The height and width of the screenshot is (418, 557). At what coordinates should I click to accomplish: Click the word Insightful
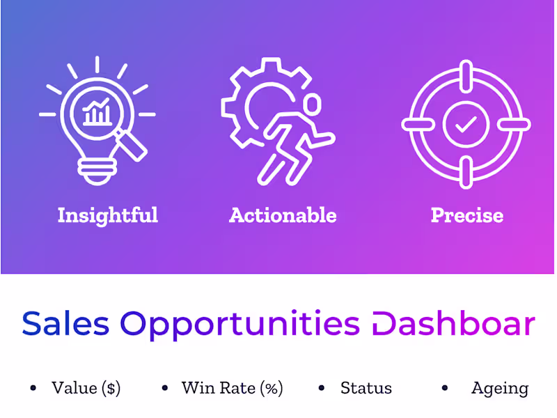pos(108,215)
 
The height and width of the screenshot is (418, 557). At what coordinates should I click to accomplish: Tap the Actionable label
pos(283,215)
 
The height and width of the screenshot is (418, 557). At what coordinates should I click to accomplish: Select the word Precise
pos(466,215)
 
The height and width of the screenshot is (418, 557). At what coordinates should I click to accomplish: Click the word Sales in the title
pos(65,323)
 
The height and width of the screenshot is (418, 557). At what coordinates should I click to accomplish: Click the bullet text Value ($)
pos(86,388)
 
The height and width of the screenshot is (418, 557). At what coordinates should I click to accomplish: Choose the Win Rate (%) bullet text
pos(233,388)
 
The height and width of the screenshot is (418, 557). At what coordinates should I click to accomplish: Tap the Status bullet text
pos(366,388)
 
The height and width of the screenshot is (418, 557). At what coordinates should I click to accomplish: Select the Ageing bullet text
pos(500,388)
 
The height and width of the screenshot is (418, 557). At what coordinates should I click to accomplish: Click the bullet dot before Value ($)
pos(33,388)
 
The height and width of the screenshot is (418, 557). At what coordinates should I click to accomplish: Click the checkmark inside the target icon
pos(466,125)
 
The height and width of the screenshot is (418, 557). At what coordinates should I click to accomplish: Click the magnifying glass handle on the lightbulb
pos(136,142)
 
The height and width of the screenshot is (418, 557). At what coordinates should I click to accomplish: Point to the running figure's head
pos(312,104)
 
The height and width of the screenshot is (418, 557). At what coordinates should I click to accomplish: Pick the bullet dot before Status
pos(322,388)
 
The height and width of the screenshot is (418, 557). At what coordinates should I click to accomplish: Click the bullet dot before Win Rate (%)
pos(165,388)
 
